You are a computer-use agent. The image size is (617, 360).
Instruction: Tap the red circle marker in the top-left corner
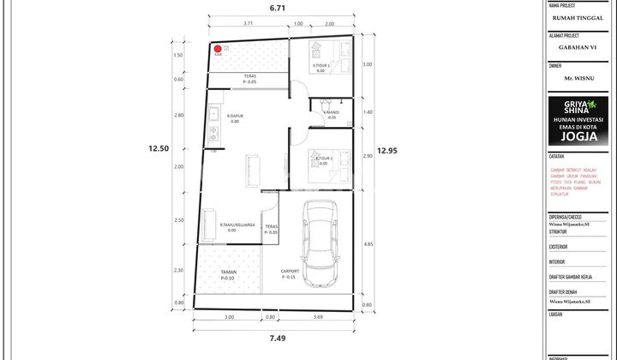tap(218, 49)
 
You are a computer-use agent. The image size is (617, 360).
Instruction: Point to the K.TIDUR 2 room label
tap(323, 159)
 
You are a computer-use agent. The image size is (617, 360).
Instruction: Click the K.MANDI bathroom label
tap(330, 112)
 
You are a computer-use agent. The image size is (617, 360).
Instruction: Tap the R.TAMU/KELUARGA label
tap(238, 226)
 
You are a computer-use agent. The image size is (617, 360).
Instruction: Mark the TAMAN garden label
tap(228, 272)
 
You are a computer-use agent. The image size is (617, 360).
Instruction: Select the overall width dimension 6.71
tap(277, 8)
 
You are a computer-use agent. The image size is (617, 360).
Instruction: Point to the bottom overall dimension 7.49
tap(277, 339)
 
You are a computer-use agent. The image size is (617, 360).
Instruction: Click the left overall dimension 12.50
tap(159, 148)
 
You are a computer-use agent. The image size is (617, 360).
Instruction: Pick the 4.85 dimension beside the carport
tap(367, 244)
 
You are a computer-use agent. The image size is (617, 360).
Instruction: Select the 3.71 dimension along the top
tap(248, 24)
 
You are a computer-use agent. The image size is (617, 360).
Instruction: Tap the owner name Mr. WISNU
tap(580, 78)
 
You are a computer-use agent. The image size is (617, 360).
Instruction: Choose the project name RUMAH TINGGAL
tap(580, 16)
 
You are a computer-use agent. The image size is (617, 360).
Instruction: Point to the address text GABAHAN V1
tap(580, 48)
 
